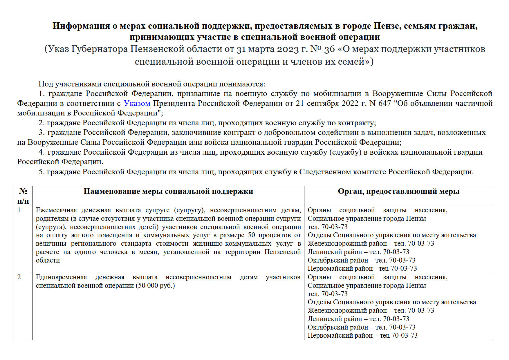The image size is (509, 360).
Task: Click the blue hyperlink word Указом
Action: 137,103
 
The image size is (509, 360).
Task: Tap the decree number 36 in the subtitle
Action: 329,49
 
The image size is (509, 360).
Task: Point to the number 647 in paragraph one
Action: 385,103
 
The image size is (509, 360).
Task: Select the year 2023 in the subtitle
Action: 288,49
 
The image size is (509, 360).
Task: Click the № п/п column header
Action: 23,196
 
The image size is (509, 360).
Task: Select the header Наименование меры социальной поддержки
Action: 168,191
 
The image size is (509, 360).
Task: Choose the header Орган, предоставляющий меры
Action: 398,191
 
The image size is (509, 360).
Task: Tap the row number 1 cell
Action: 19,210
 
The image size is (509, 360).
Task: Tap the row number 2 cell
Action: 19,277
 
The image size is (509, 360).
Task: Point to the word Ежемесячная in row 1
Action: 56,210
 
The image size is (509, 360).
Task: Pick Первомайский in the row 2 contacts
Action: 325,336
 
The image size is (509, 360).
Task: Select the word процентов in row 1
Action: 275,235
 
